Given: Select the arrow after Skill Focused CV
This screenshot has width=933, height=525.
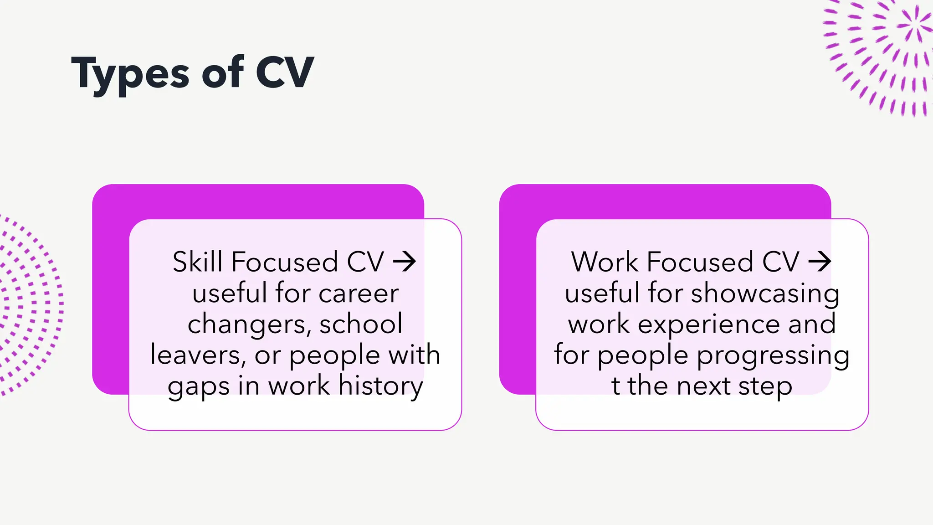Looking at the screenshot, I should (x=405, y=262).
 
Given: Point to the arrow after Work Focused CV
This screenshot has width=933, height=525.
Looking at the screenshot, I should (x=820, y=262).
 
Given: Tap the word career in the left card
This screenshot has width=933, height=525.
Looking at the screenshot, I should (x=359, y=293).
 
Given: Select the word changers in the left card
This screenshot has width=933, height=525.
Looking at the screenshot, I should (x=249, y=324).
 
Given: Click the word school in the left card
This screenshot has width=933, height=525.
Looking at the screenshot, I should (x=361, y=324).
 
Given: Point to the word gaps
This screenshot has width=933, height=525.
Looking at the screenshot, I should (x=198, y=387).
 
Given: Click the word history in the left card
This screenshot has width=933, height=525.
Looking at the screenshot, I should (x=380, y=386).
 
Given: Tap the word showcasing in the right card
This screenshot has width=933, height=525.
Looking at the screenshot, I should (x=765, y=294).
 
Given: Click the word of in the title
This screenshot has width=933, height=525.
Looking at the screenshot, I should (x=222, y=73).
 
